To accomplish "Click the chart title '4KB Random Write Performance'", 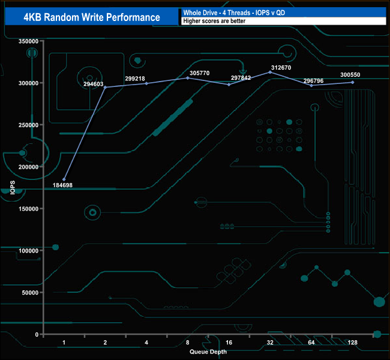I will tap(92, 17).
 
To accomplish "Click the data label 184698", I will tap(76, 185).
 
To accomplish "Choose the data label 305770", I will tap(199, 73).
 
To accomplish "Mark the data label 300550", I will tap(350, 75).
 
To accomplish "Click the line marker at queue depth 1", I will tap(64, 179).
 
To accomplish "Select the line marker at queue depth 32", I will tap(270, 72).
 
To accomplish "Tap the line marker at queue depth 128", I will tap(352, 82).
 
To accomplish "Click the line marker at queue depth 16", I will tap(229, 85).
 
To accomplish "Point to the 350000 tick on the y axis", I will tap(29, 41).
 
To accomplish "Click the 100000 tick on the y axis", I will tap(29, 250).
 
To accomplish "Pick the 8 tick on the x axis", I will tap(188, 342).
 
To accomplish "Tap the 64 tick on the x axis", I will tap(311, 342).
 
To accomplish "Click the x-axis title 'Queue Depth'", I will tap(208, 352).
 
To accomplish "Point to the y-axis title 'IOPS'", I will tap(13, 188).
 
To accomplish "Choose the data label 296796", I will tap(313, 80).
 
